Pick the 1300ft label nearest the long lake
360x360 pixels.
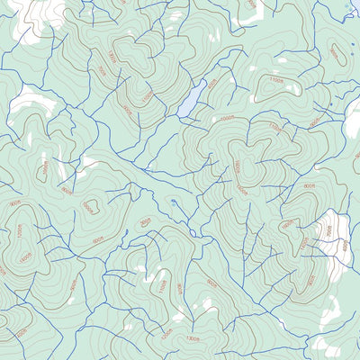pyautogui.click(x=112, y=56)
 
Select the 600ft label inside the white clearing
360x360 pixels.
pyautogui.click(x=328, y=230)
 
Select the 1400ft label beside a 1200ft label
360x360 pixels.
pyautogui.click(x=24, y=256)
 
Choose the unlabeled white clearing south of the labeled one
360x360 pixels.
pyautogui.click(x=328, y=310)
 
